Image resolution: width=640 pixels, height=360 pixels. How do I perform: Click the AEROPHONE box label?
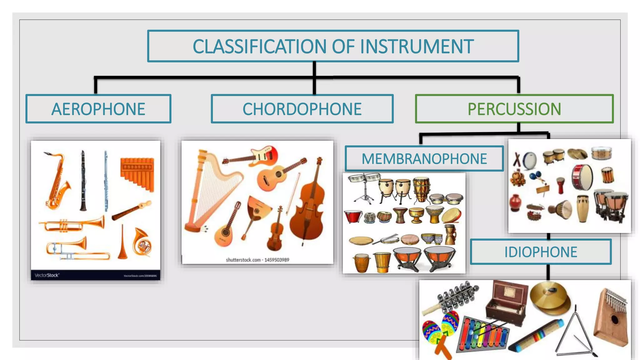click(98, 109)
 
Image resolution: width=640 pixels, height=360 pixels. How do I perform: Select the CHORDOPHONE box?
click(302, 109)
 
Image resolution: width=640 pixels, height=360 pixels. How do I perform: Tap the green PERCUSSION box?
click(514, 109)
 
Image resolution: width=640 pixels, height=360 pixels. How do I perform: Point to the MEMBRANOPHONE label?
click(424, 159)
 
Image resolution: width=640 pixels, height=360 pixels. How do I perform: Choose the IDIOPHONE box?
click(541, 252)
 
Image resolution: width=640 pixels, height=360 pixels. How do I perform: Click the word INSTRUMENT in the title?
click(417, 47)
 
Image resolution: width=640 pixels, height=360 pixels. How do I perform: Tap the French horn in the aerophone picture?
click(142, 242)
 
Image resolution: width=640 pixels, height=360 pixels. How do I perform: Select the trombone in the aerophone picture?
click(75, 250)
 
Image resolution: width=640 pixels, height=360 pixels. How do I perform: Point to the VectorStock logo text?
click(47, 275)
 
